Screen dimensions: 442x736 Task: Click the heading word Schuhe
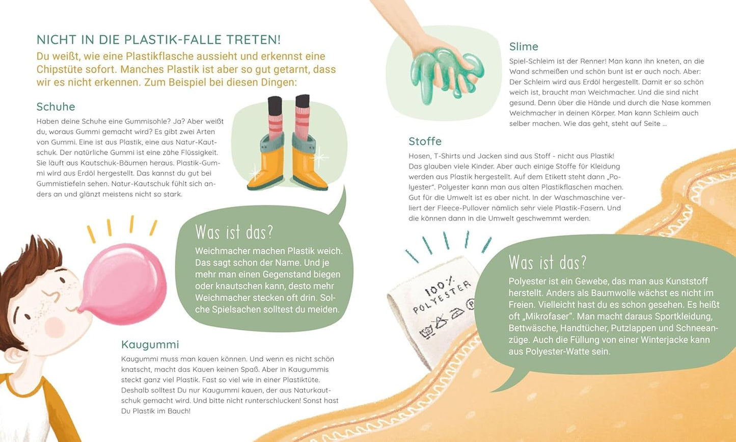pos(56,107)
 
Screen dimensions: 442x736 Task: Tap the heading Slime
pos(524,46)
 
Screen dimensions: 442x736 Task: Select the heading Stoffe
pos(425,141)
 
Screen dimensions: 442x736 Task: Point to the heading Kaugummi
pos(150,345)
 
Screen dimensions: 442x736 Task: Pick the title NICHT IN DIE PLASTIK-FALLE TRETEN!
pos(158,40)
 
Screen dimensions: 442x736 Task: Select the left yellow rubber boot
pos(266,162)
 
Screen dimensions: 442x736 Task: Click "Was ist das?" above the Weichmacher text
pos(234,232)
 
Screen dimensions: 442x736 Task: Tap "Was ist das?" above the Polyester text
pos(548,263)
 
